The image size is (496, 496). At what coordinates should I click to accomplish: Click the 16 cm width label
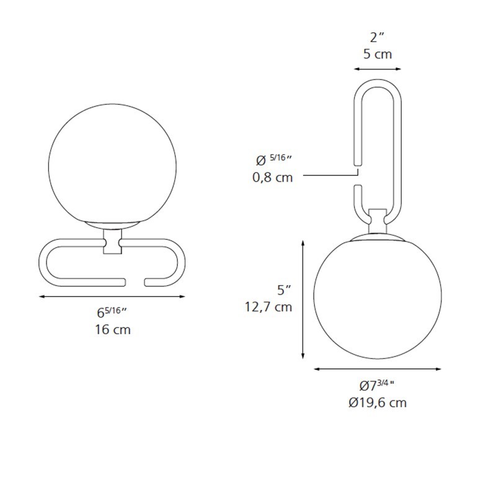tap(113, 330)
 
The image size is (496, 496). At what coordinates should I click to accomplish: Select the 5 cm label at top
tap(378, 54)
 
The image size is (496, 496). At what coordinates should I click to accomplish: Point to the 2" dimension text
tap(378, 37)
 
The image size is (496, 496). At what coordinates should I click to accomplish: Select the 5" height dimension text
tap(284, 289)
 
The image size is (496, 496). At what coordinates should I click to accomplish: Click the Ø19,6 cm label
tap(378, 402)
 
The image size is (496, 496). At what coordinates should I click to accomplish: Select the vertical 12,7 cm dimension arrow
tap(303, 298)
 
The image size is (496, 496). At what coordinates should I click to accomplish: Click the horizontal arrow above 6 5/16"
tap(112, 296)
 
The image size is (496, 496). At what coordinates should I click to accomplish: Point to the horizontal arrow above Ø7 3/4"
tap(378, 369)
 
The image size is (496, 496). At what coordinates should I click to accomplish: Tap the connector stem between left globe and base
tap(112, 242)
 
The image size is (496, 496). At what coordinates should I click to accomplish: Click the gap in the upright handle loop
tap(356, 175)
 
